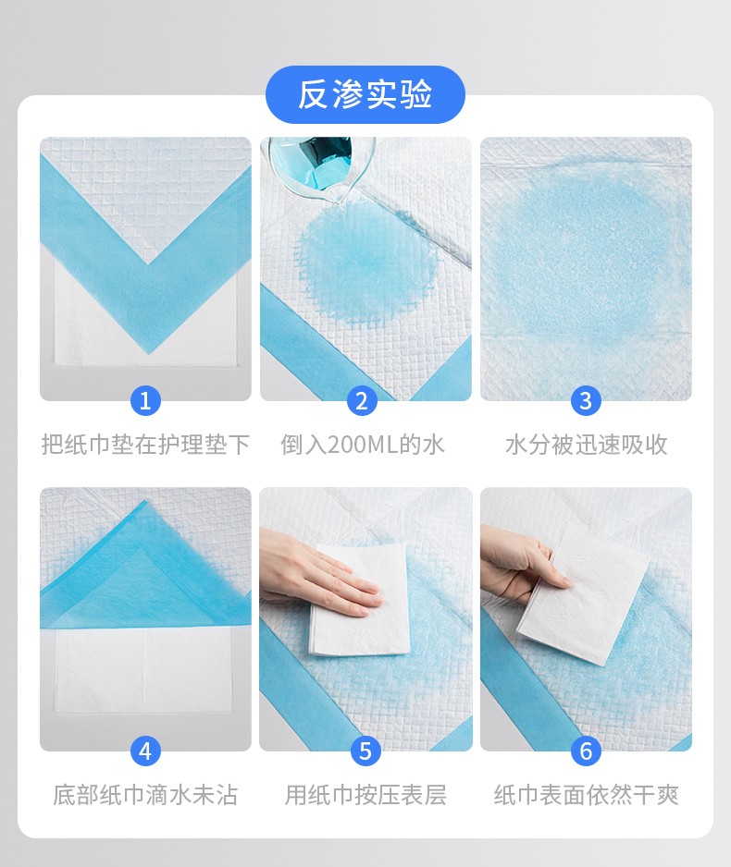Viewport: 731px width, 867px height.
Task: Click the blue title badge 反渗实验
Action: point(365,94)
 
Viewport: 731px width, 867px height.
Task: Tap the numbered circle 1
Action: point(145,400)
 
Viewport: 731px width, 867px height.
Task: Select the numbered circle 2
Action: point(362,400)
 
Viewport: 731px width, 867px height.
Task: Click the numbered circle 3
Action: point(586,400)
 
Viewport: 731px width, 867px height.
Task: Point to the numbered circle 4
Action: point(145,751)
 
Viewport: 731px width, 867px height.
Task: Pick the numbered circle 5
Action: point(365,751)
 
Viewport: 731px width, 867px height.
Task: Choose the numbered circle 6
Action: point(586,751)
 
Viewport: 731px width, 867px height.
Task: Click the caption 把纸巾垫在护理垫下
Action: point(145,445)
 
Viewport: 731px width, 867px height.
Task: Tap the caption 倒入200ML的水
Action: point(363,445)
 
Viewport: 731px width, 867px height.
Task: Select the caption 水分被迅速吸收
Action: point(586,445)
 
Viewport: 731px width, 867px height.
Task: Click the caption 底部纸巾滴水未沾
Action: point(145,795)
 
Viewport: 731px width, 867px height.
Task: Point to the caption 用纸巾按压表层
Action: point(365,795)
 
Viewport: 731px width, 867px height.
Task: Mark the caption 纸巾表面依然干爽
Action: point(586,795)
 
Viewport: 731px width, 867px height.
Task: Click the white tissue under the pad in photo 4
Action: point(142,670)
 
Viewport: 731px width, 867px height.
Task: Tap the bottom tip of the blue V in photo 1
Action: point(148,353)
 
